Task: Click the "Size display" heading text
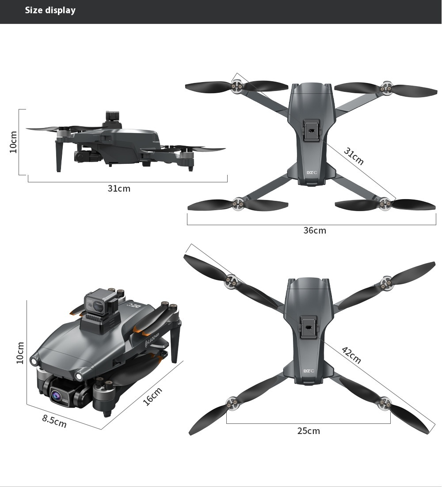point(50,10)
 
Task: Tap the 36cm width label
point(314,230)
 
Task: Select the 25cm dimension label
point(309,430)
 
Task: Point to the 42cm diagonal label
point(351,355)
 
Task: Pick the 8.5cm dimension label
point(54,421)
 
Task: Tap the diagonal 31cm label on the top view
point(354,156)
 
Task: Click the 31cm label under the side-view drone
point(119,189)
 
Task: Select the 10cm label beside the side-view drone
point(13,142)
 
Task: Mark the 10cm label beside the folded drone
point(20,353)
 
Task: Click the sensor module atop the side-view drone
point(113,118)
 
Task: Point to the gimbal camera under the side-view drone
point(81,155)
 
